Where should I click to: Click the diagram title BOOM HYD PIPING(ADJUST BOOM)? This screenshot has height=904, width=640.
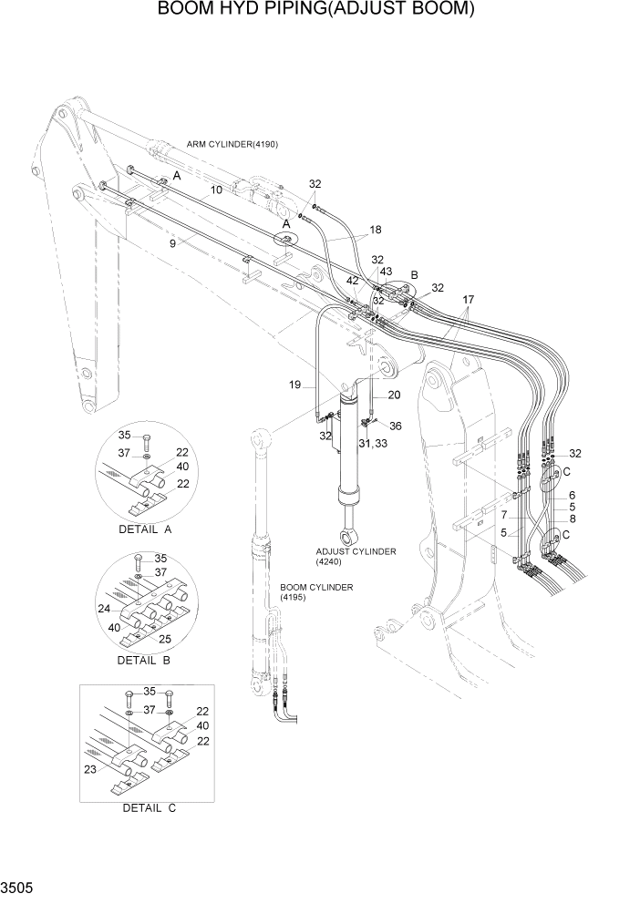(x=319, y=10)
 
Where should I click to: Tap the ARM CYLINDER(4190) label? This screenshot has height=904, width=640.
(x=232, y=145)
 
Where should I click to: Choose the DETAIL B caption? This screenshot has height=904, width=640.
(x=143, y=659)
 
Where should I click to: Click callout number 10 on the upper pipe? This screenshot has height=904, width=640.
(x=216, y=190)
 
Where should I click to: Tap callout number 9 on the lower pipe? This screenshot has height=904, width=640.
(x=171, y=243)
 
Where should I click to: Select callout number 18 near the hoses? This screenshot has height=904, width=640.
(x=376, y=231)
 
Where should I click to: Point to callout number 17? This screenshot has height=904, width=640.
(x=468, y=299)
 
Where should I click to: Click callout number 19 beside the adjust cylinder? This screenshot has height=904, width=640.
(x=295, y=385)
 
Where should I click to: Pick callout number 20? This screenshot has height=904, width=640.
(x=394, y=395)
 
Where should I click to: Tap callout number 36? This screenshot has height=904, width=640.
(x=395, y=426)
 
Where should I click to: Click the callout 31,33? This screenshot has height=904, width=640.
(x=372, y=443)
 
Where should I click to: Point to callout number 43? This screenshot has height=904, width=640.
(x=386, y=272)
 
